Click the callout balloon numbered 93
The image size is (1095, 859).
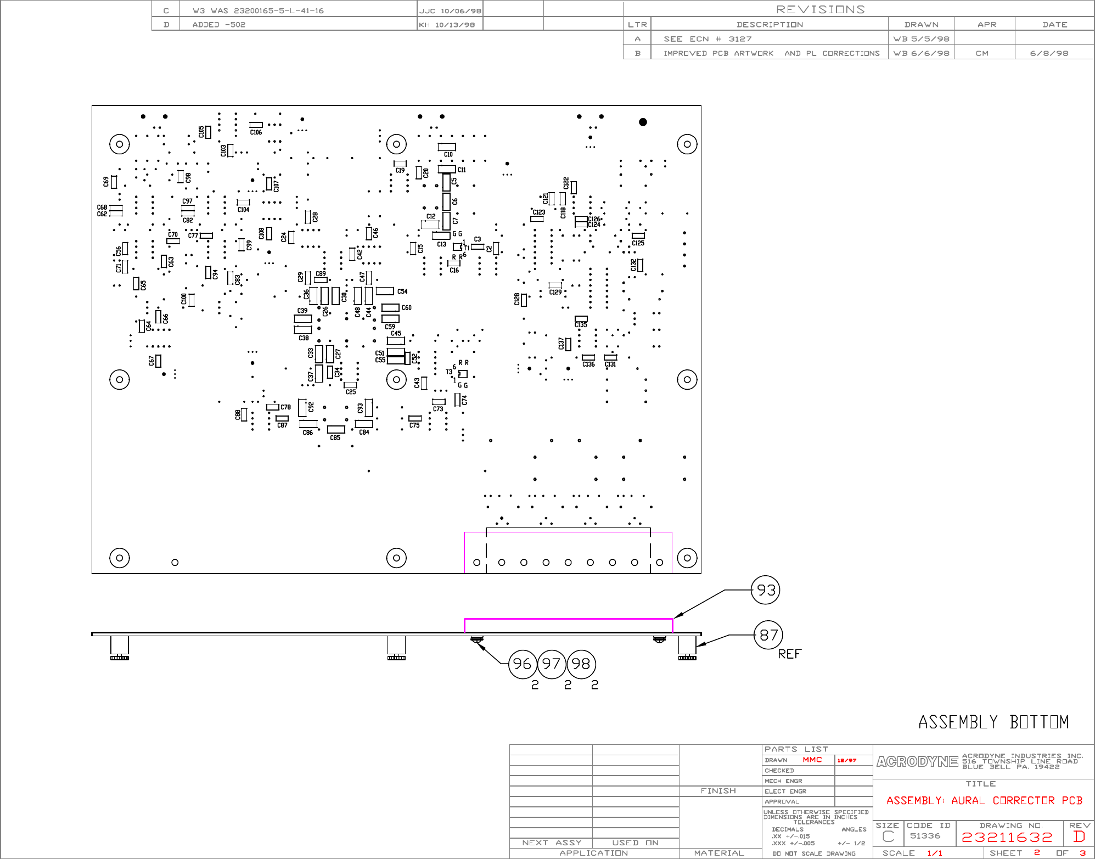pos(766,590)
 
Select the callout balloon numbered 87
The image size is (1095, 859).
pos(768,635)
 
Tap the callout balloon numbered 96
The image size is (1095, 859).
pos(522,664)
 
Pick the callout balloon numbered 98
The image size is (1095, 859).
pos(581,664)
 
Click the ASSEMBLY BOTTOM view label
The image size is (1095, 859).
pos(993,722)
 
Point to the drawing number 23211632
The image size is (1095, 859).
pos(1007,837)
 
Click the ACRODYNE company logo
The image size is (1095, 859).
pos(917,762)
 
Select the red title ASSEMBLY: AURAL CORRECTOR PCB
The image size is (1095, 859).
pos(984,801)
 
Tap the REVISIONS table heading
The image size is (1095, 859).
pos(820,9)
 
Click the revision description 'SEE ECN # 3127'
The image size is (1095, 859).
pos(707,39)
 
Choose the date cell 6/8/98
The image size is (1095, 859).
pos(1049,53)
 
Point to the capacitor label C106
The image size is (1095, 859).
pos(256,132)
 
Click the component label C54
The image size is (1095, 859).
pos(402,291)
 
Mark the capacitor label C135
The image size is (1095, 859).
pos(581,325)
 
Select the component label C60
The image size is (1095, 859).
pos(406,308)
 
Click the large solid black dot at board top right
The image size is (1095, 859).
pos(643,122)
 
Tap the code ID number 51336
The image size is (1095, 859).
pos(925,836)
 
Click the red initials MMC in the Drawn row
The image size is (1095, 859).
pos(812,760)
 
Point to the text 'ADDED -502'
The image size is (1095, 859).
pos(218,25)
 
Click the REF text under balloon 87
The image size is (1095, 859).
pos(789,654)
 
